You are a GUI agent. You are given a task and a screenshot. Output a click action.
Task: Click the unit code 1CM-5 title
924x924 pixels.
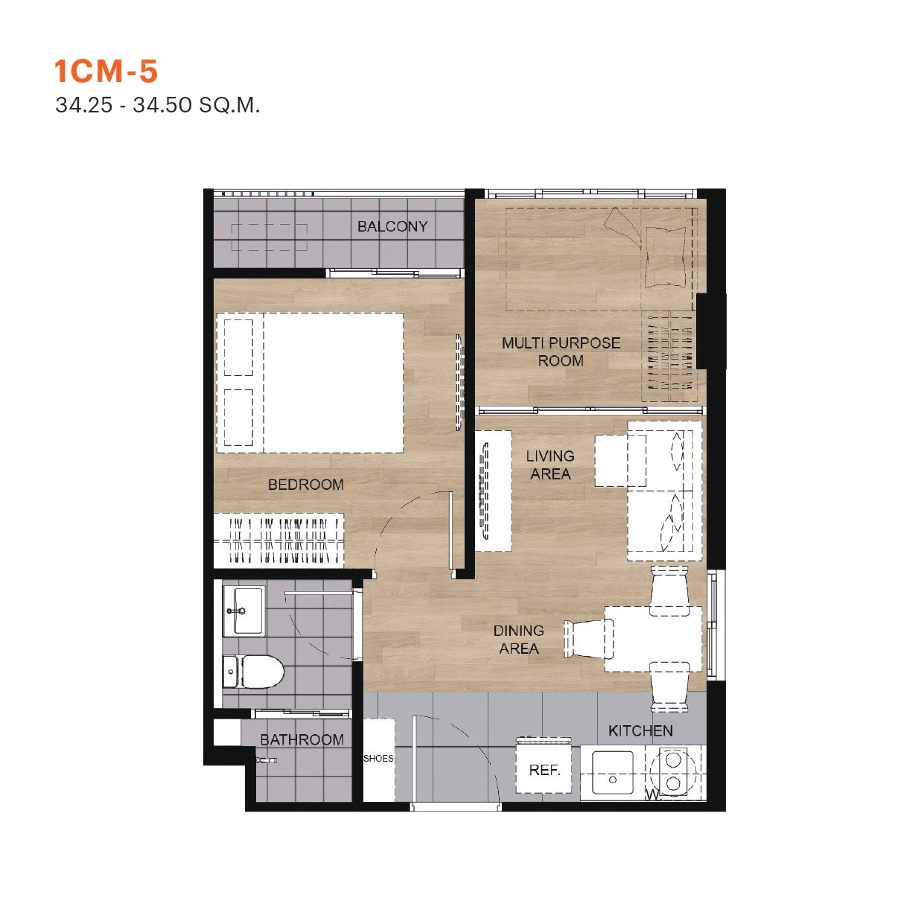[106, 71]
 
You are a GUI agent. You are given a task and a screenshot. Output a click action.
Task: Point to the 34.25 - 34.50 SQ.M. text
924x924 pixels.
[158, 105]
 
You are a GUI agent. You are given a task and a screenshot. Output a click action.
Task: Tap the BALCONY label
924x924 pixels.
[392, 226]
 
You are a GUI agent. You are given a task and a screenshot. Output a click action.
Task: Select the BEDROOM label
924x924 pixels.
[305, 485]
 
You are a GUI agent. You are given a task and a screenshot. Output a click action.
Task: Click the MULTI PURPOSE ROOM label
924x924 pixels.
[561, 352]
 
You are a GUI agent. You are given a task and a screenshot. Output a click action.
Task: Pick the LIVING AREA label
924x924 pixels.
[550, 465]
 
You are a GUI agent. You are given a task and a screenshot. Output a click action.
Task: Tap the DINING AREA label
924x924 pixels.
[519, 640]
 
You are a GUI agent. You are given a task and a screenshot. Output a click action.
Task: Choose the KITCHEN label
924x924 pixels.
[640, 730]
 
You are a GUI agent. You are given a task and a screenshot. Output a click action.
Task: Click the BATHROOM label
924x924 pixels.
[302, 739]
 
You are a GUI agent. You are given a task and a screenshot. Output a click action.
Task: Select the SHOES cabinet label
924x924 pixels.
[378, 759]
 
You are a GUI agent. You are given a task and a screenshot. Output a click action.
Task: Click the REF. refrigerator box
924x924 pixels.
[544, 770]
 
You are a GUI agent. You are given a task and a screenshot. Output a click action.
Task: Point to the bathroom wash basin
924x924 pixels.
[243, 611]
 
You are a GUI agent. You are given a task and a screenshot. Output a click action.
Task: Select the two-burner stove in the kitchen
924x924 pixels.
[674, 772]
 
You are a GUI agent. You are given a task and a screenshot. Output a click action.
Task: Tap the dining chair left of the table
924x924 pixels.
[588, 639]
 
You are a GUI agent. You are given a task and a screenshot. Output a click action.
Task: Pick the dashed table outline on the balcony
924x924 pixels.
[270, 238]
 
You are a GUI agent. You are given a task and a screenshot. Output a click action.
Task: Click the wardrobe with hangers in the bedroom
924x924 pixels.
[280, 540]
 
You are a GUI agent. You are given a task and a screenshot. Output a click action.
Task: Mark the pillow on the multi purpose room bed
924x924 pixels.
[666, 257]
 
